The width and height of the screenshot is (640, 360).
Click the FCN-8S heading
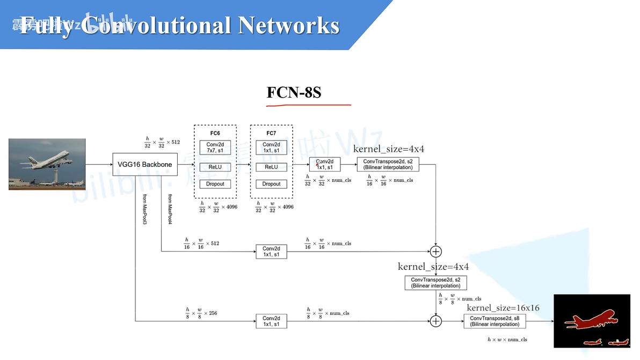click(294, 92)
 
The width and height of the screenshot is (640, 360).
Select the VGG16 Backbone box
click(144, 164)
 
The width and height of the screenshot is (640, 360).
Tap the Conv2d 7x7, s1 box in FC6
click(215, 148)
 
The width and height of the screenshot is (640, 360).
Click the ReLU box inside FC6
click(215, 167)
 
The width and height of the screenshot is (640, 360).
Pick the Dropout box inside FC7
click(271, 184)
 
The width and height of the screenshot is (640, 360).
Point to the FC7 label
click(271, 133)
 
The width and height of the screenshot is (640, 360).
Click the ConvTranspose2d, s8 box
click(494, 321)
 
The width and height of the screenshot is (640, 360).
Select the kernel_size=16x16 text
click(503, 308)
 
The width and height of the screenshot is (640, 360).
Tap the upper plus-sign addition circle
click(436, 252)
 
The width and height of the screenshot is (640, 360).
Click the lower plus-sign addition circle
click(436, 321)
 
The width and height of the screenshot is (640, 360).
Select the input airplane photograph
click(47, 164)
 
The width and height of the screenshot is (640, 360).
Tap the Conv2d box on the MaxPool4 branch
click(271, 252)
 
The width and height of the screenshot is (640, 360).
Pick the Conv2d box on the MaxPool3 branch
click(271, 321)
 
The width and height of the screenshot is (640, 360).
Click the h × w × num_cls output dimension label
click(507, 340)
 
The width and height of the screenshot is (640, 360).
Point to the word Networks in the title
click(288, 26)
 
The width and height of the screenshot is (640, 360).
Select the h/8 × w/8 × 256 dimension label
click(201, 312)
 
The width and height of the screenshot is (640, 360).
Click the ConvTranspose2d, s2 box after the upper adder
click(435, 283)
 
